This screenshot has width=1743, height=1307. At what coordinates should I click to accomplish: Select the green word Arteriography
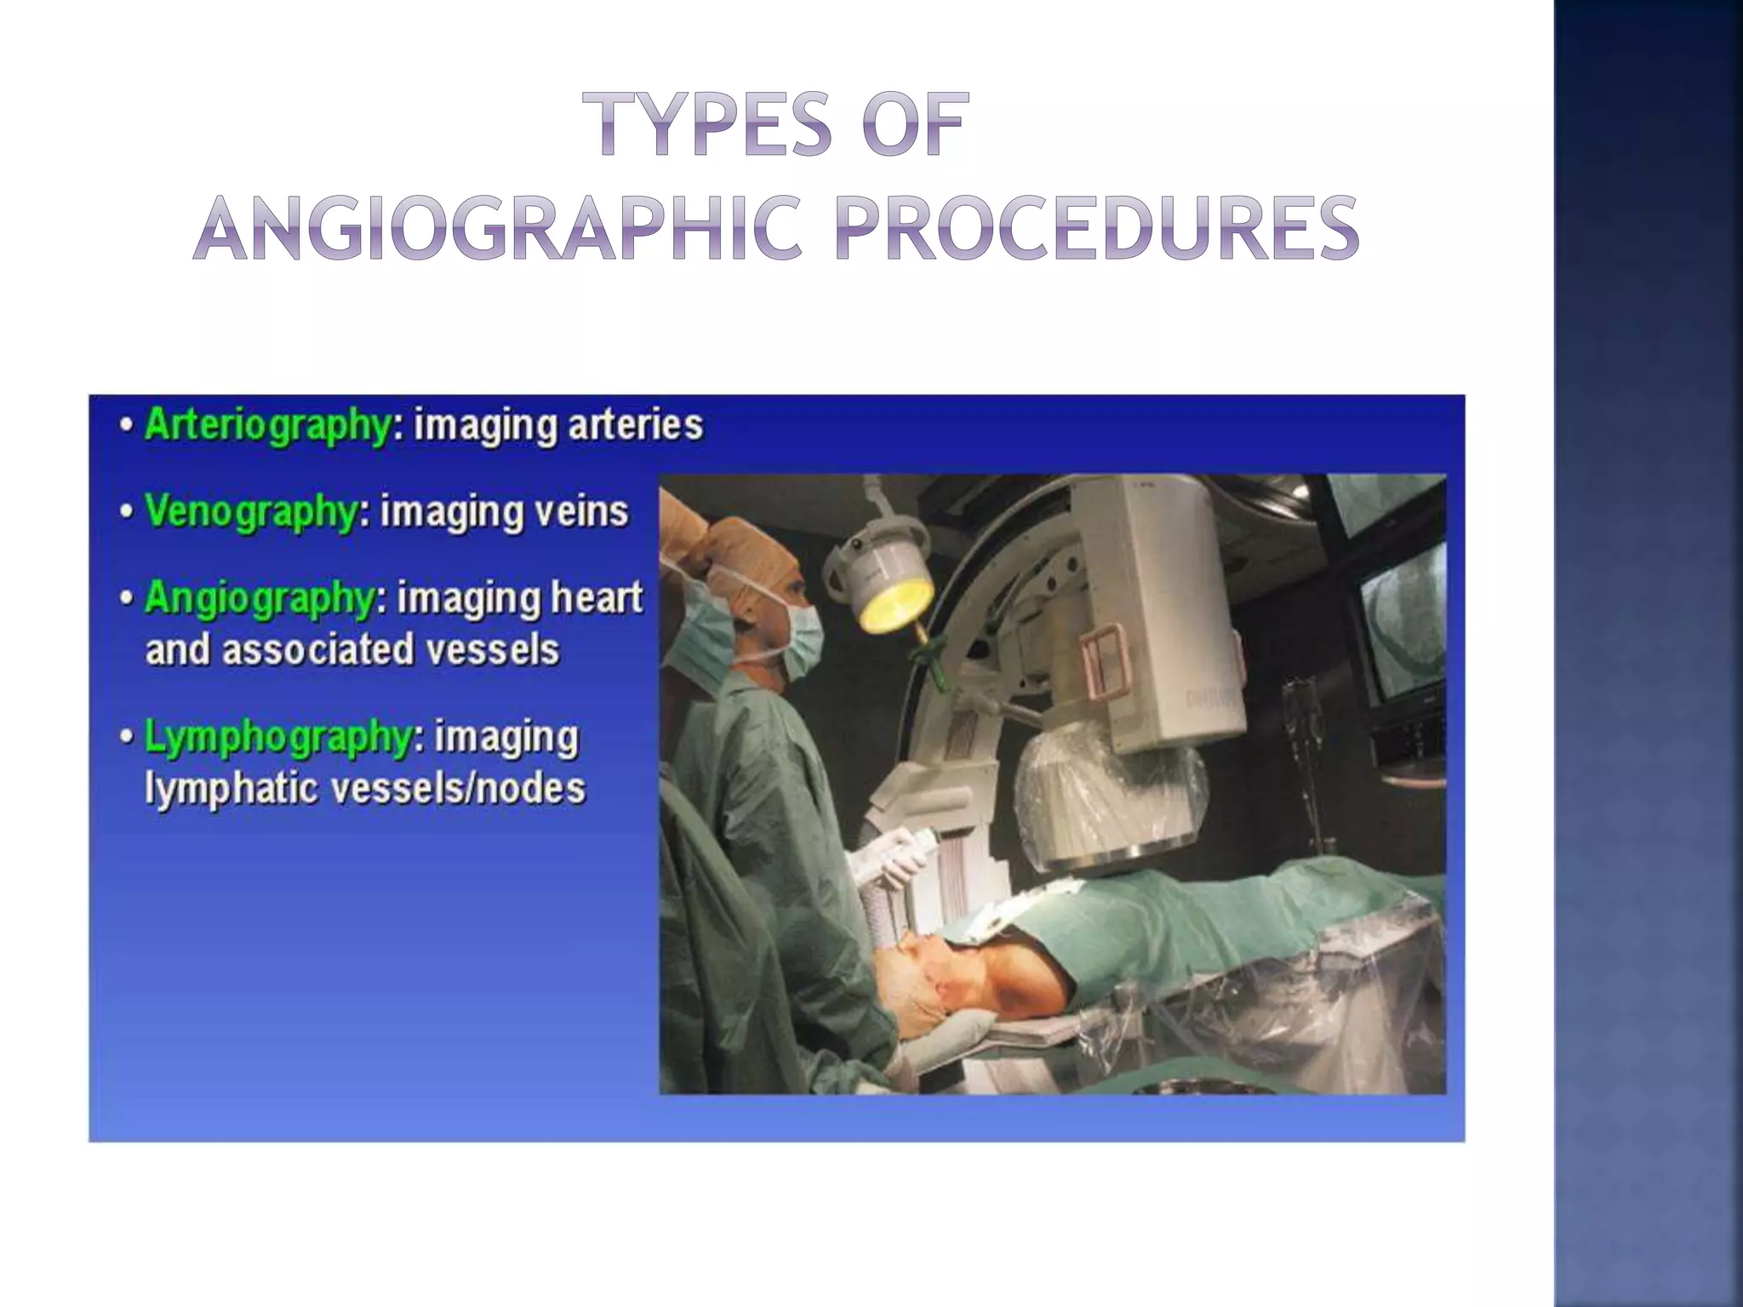click(x=267, y=425)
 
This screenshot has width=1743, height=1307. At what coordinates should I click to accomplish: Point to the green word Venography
click(x=250, y=511)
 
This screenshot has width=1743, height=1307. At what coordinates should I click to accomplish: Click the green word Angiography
click(x=260, y=597)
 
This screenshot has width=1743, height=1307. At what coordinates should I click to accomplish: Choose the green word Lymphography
click(x=277, y=737)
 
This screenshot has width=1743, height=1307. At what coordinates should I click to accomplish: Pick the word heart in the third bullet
click(x=597, y=597)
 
